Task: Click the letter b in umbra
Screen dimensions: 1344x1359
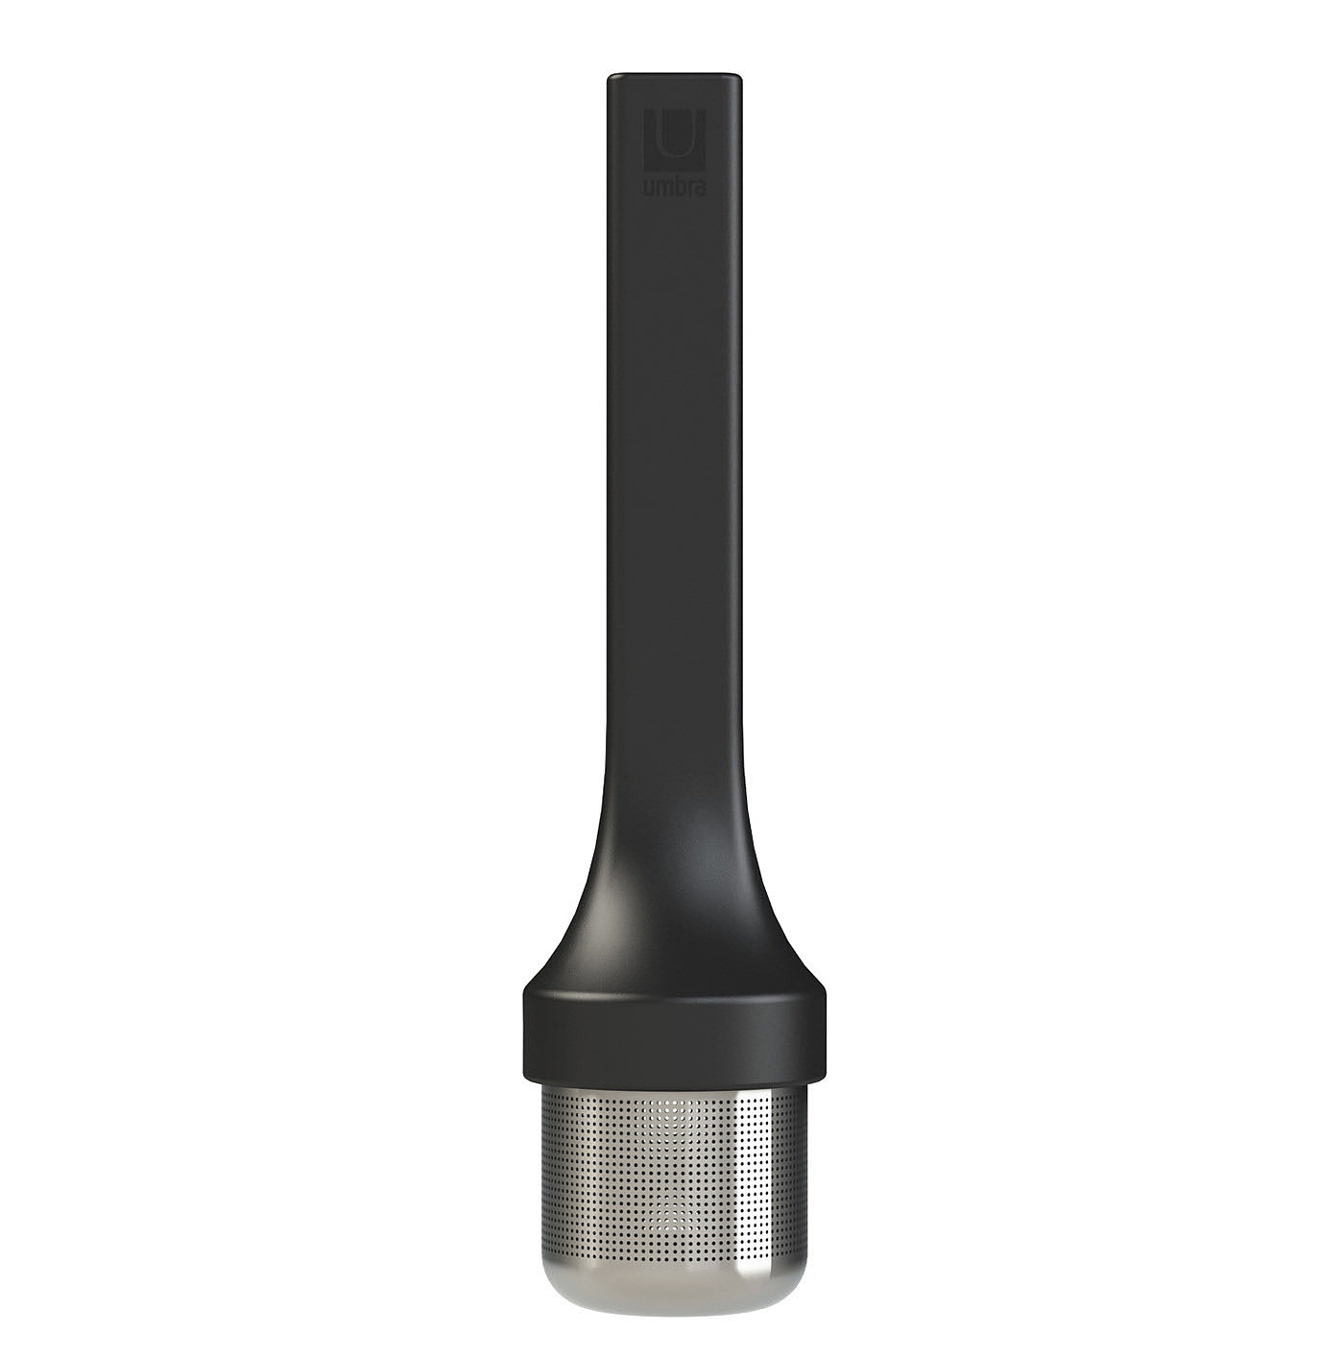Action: point(676,187)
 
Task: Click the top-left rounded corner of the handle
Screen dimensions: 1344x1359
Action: point(611,76)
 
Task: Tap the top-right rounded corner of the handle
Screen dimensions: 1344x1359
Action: point(739,76)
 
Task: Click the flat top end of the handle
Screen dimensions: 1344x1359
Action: point(675,73)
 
